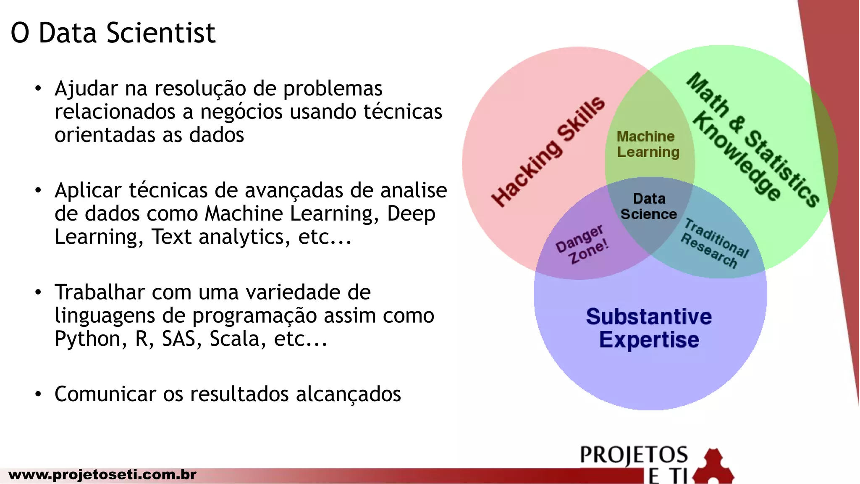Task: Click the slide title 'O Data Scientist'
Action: click(x=113, y=33)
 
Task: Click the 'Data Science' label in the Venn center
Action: click(x=649, y=206)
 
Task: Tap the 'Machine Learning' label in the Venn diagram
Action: click(x=648, y=144)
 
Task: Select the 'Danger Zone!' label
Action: click(x=582, y=245)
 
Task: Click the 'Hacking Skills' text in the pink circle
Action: click(x=548, y=151)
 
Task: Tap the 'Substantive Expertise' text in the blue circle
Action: click(x=649, y=328)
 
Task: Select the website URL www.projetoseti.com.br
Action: click(x=102, y=474)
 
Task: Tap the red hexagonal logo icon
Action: click(x=713, y=466)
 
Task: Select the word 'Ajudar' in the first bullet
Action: click(x=86, y=89)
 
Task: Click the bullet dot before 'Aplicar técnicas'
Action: click(x=38, y=190)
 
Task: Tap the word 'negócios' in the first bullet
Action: click(x=241, y=112)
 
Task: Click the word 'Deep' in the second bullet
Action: click(x=411, y=214)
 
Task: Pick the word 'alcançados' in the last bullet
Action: click(x=348, y=394)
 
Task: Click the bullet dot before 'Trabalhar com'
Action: click(x=38, y=292)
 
